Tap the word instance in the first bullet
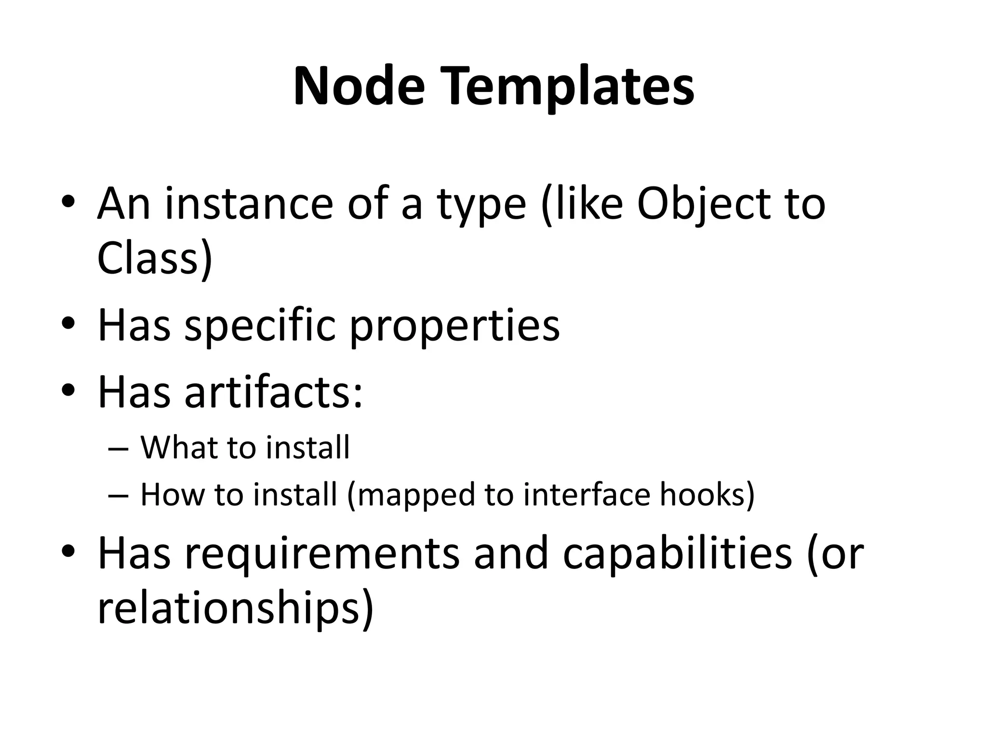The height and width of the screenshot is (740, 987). tap(249, 204)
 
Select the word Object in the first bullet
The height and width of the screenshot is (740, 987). tap(693, 204)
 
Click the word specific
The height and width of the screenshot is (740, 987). tap(260, 326)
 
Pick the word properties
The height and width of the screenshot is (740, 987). tap(454, 326)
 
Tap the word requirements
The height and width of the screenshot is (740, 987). tap(322, 554)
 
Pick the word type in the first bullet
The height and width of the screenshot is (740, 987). tap(481, 204)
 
